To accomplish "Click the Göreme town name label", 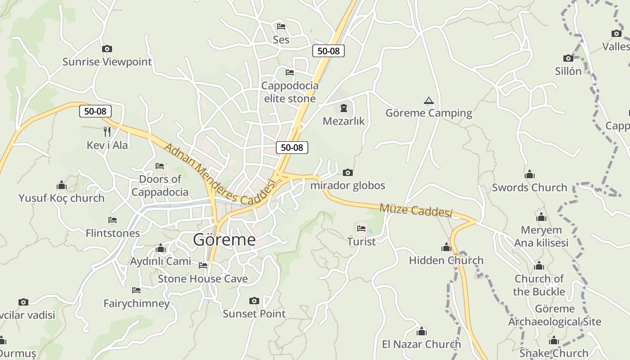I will click(x=224, y=240).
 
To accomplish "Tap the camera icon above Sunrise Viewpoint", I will click(x=107, y=49).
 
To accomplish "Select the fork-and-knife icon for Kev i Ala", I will click(x=107, y=131).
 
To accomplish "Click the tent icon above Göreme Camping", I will click(x=428, y=100).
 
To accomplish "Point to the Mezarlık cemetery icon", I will click(x=344, y=108).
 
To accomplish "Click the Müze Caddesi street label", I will click(x=415, y=210).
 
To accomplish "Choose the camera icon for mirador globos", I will click(x=347, y=172).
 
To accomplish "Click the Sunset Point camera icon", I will click(x=254, y=301).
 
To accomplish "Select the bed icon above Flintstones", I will click(x=112, y=220).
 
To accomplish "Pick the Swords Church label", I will click(x=529, y=188).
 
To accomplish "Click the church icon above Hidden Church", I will click(x=446, y=247).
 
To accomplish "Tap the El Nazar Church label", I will click(x=421, y=345).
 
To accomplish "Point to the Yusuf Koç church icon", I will click(x=62, y=185).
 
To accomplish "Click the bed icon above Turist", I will click(x=361, y=229).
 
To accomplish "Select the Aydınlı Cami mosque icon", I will click(x=161, y=248).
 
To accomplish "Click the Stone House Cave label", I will click(x=202, y=279).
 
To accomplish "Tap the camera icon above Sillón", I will click(x=568, y=58).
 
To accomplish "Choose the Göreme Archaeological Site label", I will click(x=554, y=315).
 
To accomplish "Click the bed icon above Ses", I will click(x=281, y=26).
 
